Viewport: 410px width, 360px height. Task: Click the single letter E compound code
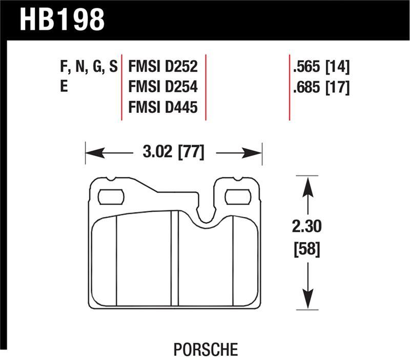click(x=64, y=87)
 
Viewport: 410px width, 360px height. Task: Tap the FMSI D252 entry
click(x=163, y=67)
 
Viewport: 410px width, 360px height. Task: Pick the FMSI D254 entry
click(x=163, y=87)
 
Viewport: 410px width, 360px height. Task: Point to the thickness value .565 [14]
click(x=321, y=67)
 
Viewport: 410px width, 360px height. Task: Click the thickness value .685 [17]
click(x=321, y=87)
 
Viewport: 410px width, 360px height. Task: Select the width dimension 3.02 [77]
click(x=174, y=153)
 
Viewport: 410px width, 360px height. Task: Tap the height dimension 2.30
click(x=306, y=226)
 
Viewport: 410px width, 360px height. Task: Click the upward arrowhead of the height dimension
click(x=306, y=184)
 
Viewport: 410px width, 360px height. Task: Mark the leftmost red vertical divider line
click(x=122, y=87)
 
